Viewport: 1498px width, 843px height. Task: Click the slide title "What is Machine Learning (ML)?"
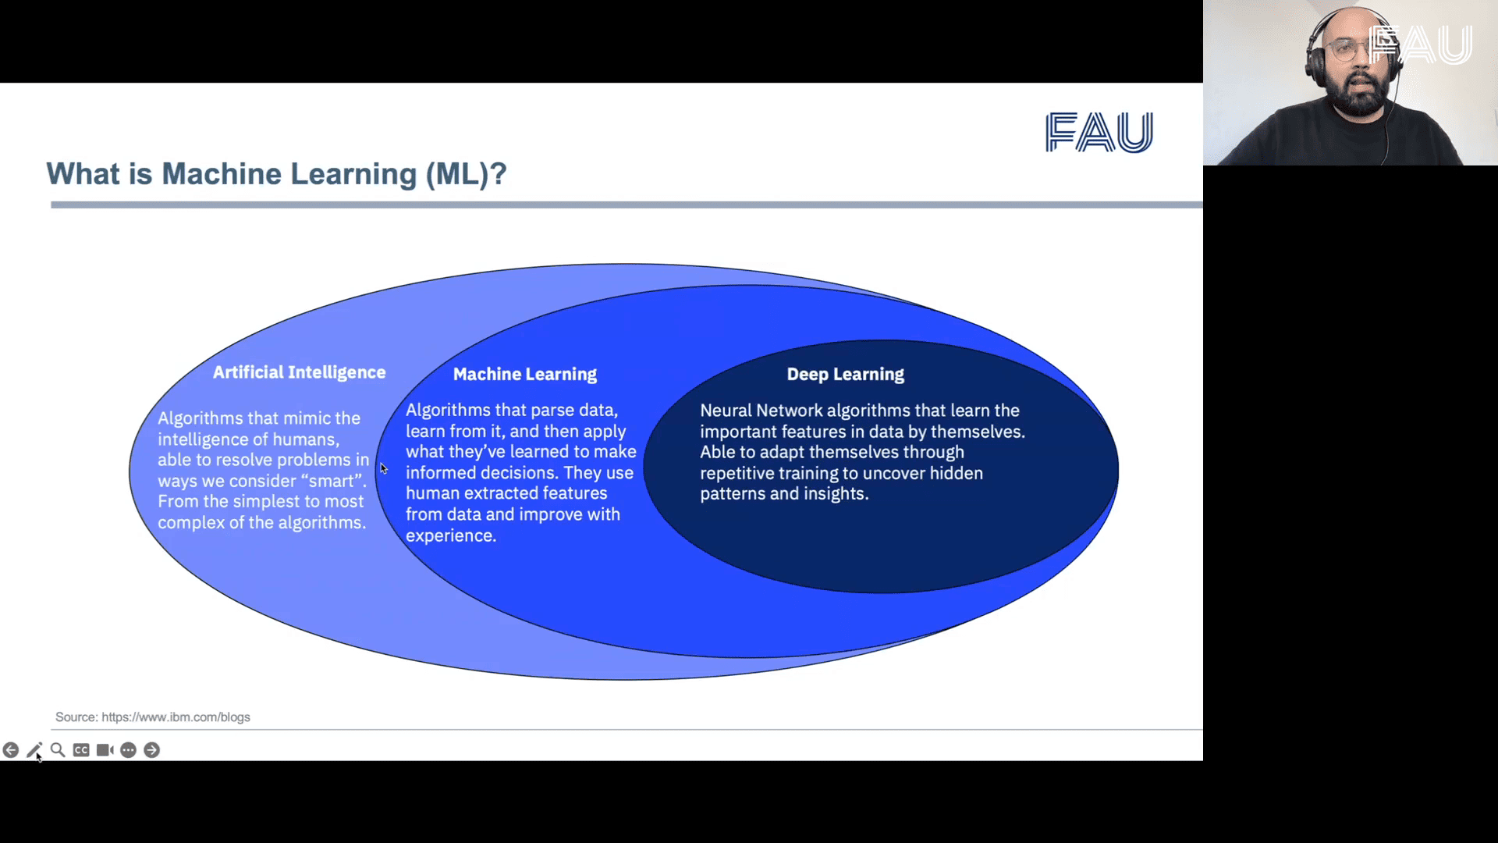pyautogui.click(x=276, y=174)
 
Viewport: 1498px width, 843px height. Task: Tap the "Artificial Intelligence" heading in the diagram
pyautogui.click(x=299, y=372)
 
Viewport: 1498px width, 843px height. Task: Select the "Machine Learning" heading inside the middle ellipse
pyautogui.click(x=524, y=374)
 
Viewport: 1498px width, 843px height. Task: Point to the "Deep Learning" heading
pyautogui.click(x=845, y=374)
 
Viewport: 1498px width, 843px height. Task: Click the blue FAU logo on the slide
pyautogui.click(x=1099, y=132)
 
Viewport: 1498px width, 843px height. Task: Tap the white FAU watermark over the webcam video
pyautogui.click(x=1421, y=44)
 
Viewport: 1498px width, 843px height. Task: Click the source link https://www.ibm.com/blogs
pyautogui.click(x=176, y=717)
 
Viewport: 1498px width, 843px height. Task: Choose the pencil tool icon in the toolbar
pyautogui.click(x=34, y=750)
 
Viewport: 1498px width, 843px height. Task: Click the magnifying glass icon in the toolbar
pyautogui.click(x=58, y=750)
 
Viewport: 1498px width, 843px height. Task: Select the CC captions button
pyautogui.click(x=81, y=750)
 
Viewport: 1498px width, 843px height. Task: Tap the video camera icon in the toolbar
pyautogui.click(x=105, y=750)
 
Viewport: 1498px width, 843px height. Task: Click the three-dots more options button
pyautogui.click(x=129, y=750)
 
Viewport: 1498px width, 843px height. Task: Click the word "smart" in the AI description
pyautogui.click(x=332, y=481)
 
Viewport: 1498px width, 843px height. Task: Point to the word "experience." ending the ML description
pyautogui.click(x=450, y=535)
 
